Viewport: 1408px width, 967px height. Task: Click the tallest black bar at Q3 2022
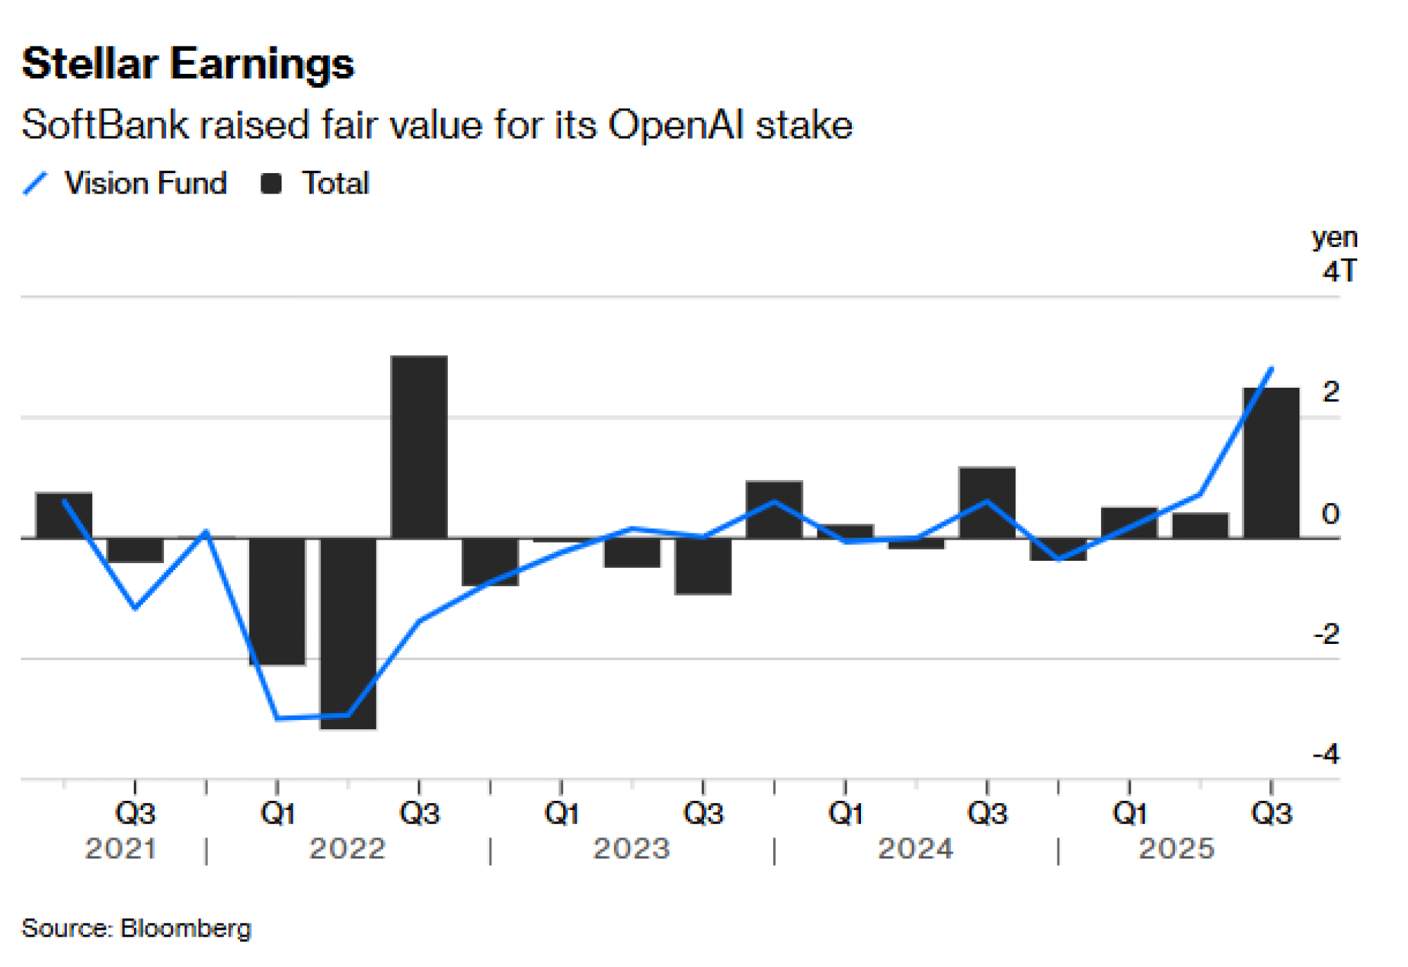tap(419, 447)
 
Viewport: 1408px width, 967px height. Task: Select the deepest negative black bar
tap(348, 633)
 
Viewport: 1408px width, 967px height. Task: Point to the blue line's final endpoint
tap(1271, 368)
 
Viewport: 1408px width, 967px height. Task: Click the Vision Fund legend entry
tap(125, 184)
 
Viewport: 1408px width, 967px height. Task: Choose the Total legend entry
tap(315, 184)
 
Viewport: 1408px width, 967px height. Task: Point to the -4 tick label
tap(1326, 755)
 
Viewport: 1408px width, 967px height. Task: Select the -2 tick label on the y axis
tap(1326, 635)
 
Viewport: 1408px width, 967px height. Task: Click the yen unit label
tap(1335, 238)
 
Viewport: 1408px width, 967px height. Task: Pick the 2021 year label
tap(120, 849)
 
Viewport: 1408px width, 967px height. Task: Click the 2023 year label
tap(631, 849)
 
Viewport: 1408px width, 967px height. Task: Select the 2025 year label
tap(1176, 849)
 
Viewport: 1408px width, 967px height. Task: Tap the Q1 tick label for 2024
tap(846, 814)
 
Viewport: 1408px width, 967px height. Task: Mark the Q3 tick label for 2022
tap(419, 814)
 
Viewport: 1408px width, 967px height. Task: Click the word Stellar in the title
tap(90, 64)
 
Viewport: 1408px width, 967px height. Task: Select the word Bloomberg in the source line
tap(186, 928)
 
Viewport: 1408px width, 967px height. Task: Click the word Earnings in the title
tap(262, 64)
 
